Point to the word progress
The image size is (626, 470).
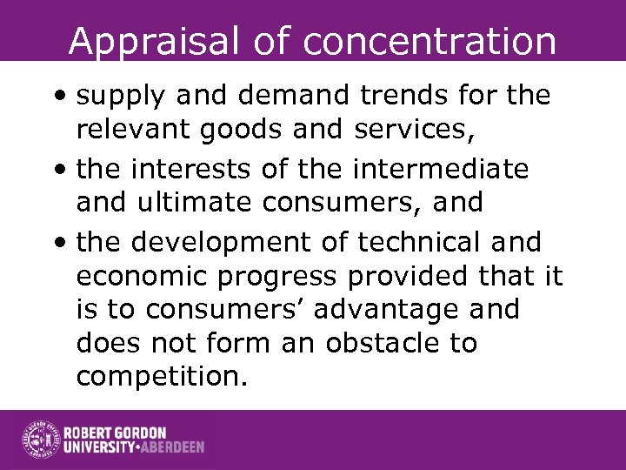pyautogui.click(x=288, y=277)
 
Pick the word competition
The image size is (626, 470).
pyautogui.click(x=161, y=377)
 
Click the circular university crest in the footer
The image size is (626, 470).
pyautogui.click(x=39, y=440)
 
